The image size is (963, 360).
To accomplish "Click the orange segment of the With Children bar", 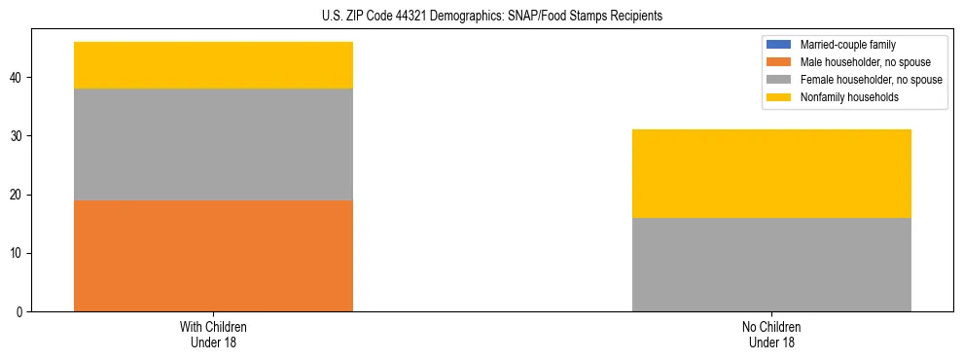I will (x=213, y=256).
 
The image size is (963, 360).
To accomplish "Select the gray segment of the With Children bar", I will (x=213, y=144).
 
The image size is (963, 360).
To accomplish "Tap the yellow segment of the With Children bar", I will (x=213, y=65).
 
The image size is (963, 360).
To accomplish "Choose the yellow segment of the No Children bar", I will (x=771, y=173).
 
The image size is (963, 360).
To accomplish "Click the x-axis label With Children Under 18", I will (x=213, y=334).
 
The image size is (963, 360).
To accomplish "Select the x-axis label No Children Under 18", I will (x=771, y=334).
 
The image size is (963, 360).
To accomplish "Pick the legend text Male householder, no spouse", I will (x=855, y=62).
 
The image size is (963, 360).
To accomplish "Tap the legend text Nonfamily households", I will (x=842, y=97).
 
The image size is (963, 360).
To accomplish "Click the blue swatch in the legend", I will (x=779, y=45).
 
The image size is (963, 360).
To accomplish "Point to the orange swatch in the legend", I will (x=779, y=62).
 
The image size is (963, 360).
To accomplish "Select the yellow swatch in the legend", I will (x=779, y=97).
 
